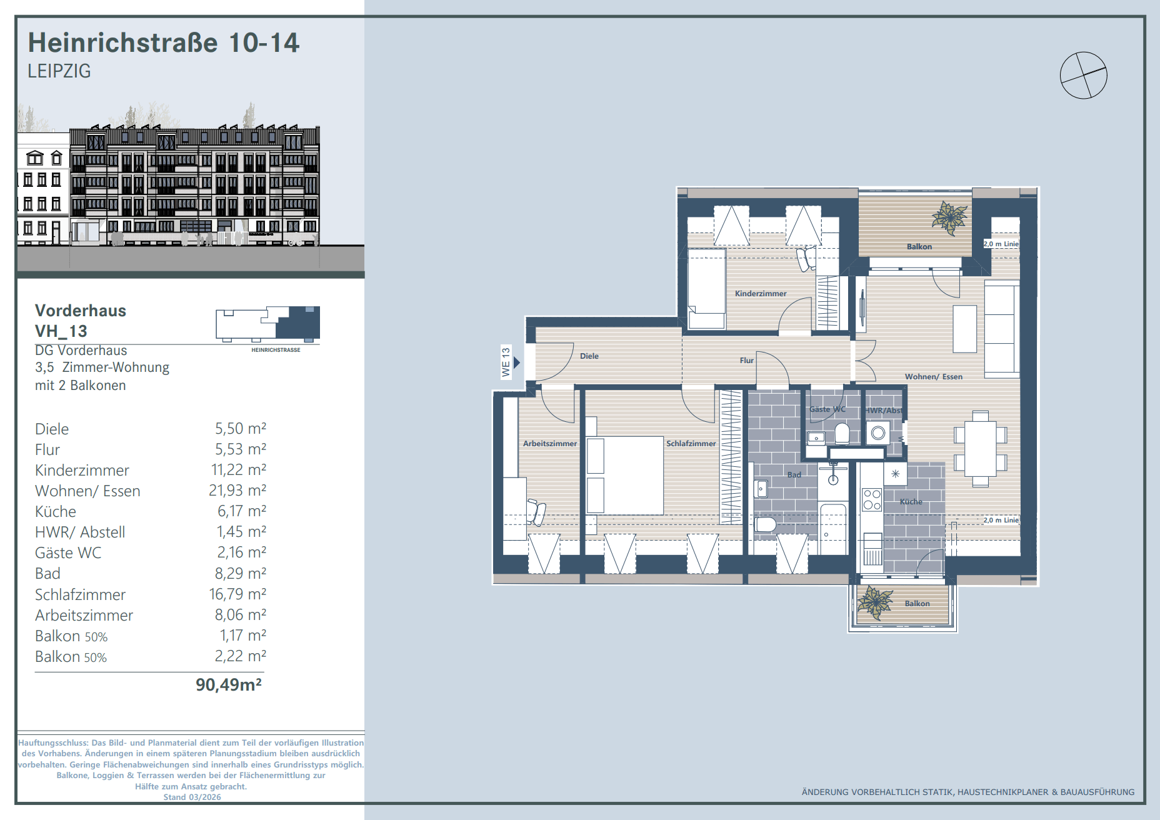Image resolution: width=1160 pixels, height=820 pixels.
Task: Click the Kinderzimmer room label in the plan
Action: (x=761, y=293)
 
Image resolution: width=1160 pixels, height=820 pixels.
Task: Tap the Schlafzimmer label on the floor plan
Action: (x=691, y=443)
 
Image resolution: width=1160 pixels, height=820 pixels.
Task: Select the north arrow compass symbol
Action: (x=1084, y=75)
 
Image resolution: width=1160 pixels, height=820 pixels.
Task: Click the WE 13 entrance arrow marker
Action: (x=517, y=362)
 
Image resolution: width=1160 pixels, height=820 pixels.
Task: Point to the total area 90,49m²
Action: (x=229, y=685)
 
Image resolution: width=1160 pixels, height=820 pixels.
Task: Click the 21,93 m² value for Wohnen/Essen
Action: (x=237, y=490)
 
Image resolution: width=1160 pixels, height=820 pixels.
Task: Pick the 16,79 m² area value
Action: (x=237, y=594)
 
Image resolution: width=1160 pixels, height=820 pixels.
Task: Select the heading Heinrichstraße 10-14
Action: (x=164, y=42)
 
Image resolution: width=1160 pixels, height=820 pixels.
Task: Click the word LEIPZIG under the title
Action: (x=59, y=71)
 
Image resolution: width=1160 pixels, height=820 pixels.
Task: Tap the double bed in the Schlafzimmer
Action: (x=624, y=475)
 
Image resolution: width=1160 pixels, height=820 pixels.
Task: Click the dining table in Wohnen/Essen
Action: (x=980, y=449)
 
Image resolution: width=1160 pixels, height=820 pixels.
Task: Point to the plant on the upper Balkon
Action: (x=949, y=217)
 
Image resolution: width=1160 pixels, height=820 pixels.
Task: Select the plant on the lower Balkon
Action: (x=874, y=602)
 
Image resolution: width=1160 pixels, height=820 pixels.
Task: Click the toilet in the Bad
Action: (x=765, y=524)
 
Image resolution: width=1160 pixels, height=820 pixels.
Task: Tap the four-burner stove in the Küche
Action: (x=872, y=500)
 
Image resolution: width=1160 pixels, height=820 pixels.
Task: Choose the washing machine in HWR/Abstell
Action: (x=878, y=432)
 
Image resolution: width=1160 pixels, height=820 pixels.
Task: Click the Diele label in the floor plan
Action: (x=589, y=356)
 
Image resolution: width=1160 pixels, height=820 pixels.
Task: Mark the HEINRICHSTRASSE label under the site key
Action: (x=276, y=350)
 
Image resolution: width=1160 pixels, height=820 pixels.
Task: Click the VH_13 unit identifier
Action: (x=61, y=331)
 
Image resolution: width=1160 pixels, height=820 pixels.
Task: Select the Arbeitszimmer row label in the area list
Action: (x=84, y=615)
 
